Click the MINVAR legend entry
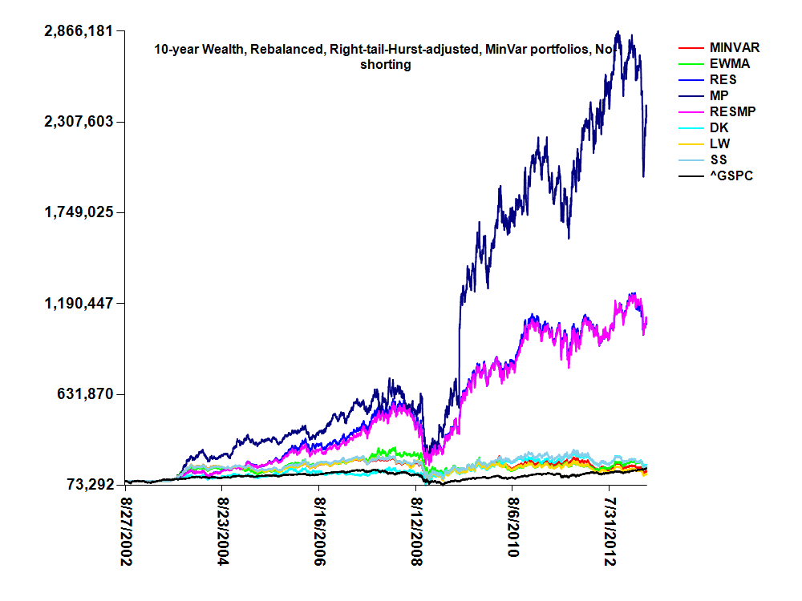click(x=734, y=47)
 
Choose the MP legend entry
click(x=719, y=95)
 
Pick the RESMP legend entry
click(x=729, y=111)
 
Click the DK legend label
click(x=719, y=127)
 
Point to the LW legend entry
click(x=719, y=143)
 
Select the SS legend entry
click(x=719, y=159)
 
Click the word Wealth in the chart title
click(x=221, y=50)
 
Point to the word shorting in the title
click(x=386, y=65)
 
